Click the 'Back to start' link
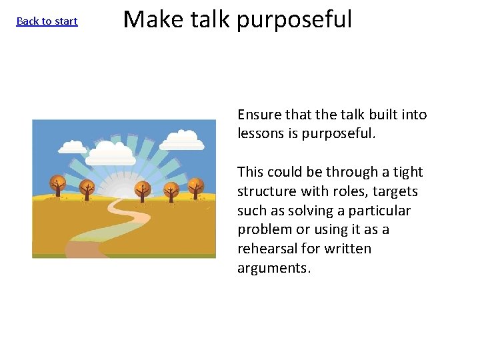pyautogui.click(x=47, y=21)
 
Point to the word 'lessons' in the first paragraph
pyautogui.click(x=261, y=133)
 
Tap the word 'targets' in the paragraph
pyautogui.click(x=396, y=191)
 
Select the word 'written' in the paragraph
pyautogui.click(x=347, y=249)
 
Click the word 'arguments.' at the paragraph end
pyautogui.click(x=274, y=268)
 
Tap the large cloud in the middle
pyautogui.click(x=111, y=153)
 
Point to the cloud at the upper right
pyautogui.click(x=182, y=139)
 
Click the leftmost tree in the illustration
pyautogui.click(x=57, y=185)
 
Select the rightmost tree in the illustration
pyautogui.click(x=195, y=186)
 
